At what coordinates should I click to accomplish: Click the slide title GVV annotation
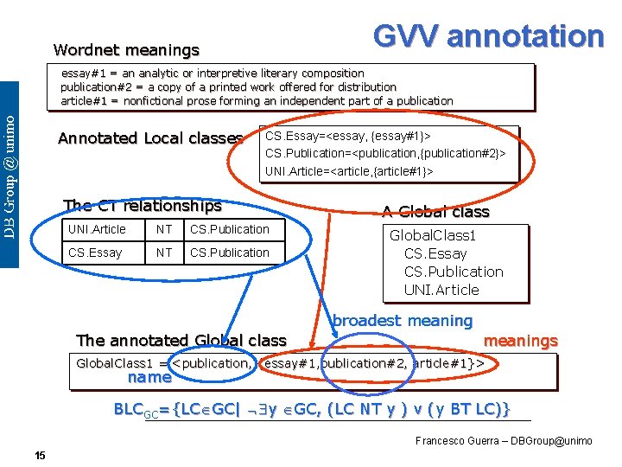[488, 35]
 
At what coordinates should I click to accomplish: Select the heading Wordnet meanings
[126, 50]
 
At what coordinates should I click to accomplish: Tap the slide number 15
[40, 455]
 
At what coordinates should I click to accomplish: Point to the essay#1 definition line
[213, 74]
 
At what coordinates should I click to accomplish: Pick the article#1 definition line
[257, 101]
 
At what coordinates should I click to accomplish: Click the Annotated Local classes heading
[149, 138]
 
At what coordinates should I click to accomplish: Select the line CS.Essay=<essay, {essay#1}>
[348, 136]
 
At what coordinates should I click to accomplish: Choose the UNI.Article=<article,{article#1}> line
[349, 171]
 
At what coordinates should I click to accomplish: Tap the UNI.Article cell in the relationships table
[97, 229]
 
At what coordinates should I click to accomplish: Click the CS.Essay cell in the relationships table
[95, 253]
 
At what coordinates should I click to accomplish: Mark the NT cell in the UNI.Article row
[163, 229]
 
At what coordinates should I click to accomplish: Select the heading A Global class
[436, 212]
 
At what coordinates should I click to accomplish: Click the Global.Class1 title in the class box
[433, 235]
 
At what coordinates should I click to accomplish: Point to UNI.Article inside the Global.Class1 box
[441, 290]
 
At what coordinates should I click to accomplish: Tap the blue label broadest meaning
[403, 321]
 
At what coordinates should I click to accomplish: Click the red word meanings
[520, 342]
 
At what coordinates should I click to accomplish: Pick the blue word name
[149, 377]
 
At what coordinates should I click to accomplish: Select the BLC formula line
[313, 408]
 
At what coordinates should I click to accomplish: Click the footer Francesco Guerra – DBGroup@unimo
[504, 441]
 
